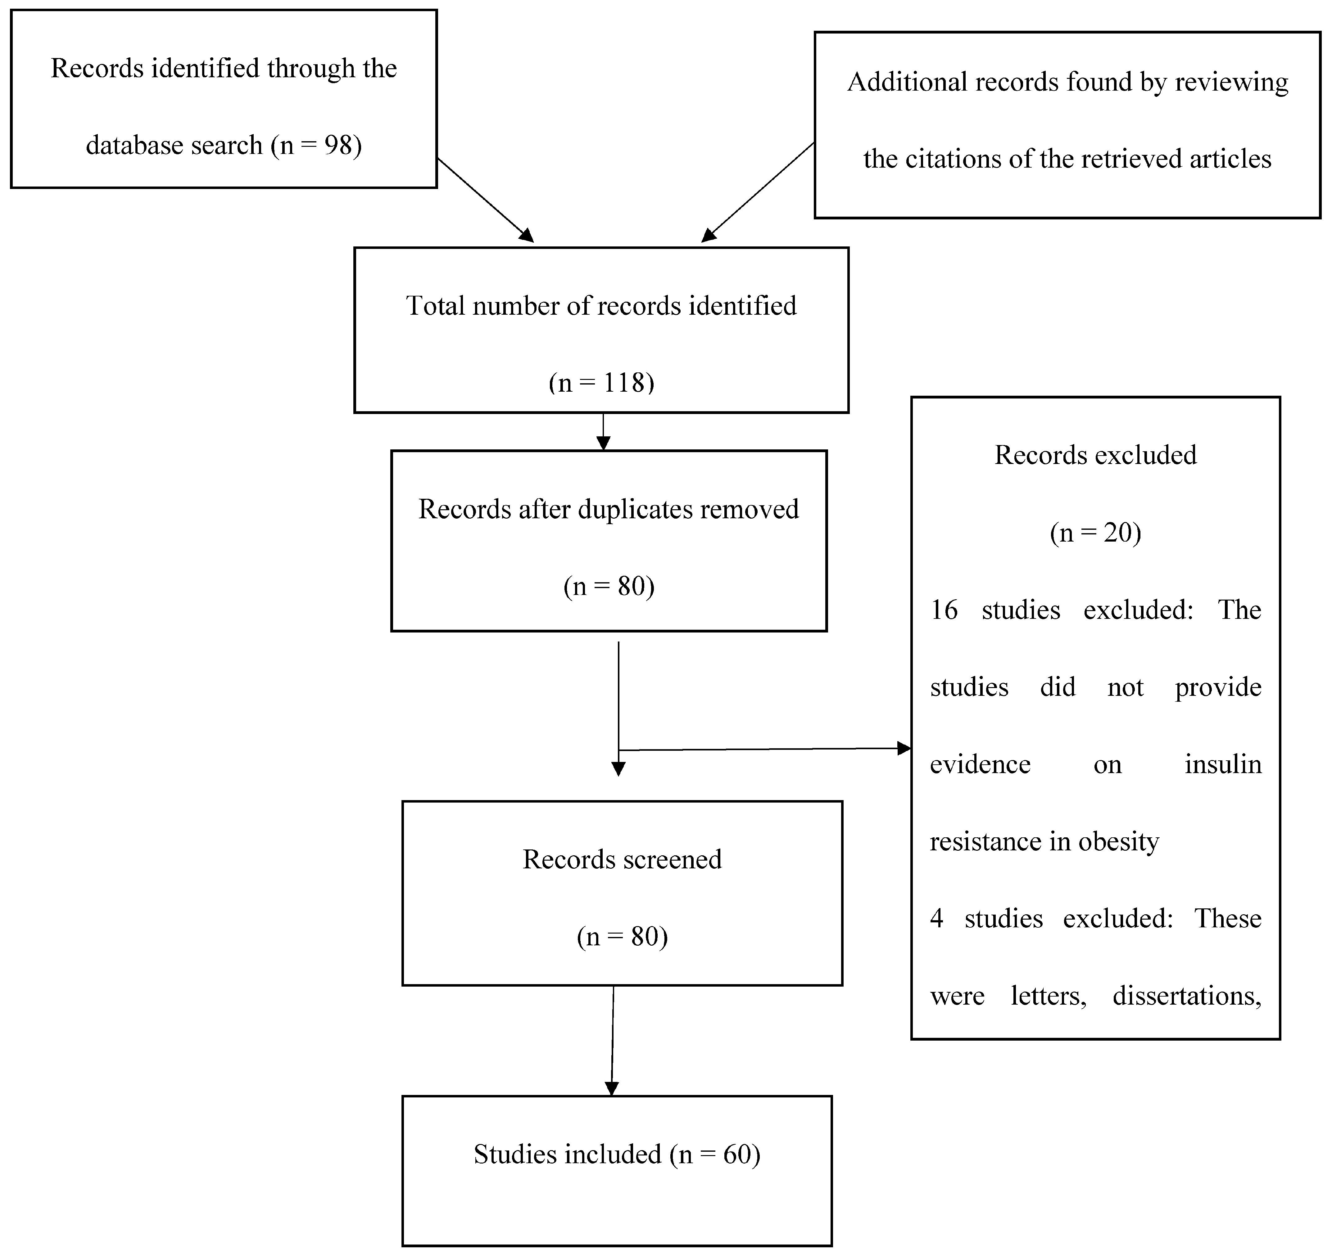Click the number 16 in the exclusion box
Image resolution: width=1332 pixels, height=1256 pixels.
coord(944,610)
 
